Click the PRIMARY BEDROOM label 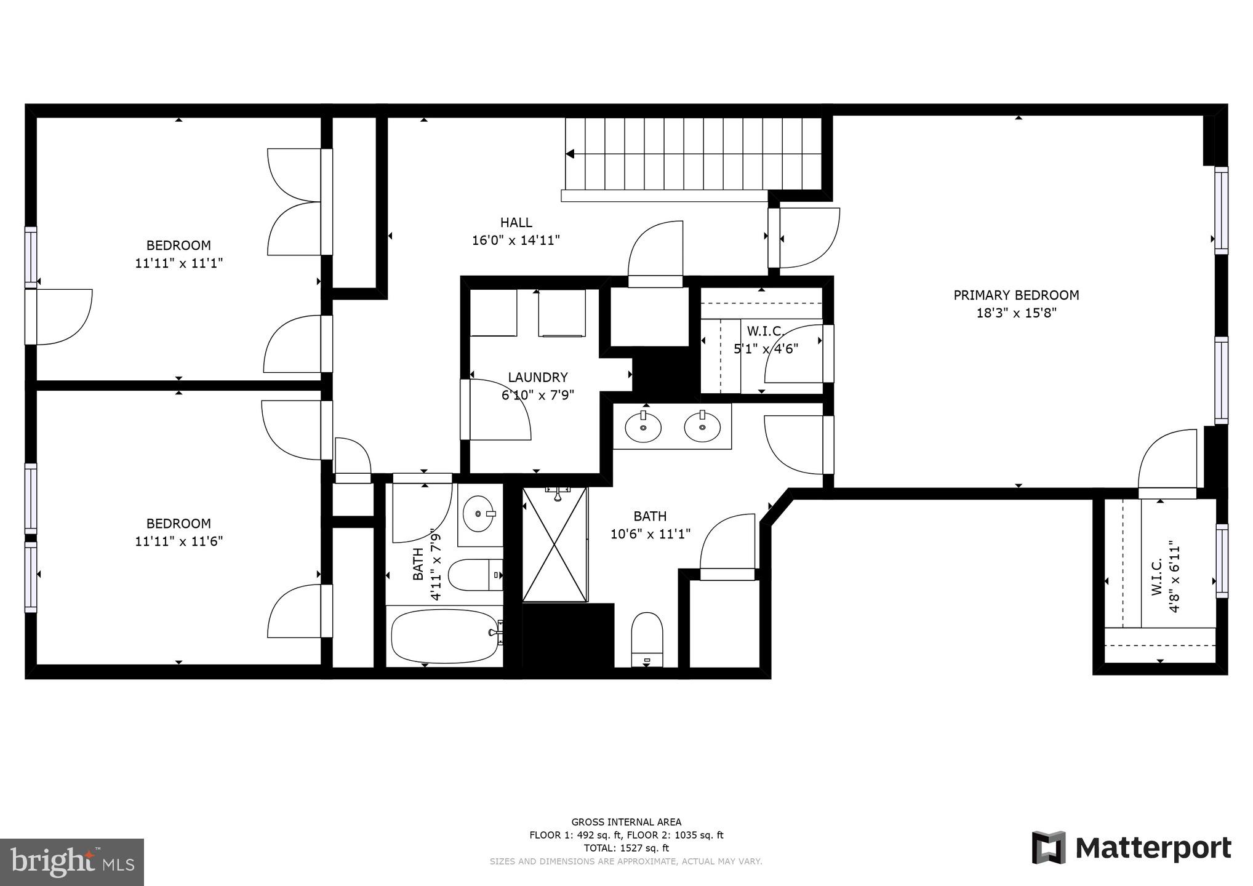pos(1016,295)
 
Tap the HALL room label pos(516,223)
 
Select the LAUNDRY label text pos(537,377)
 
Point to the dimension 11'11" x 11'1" pos(178,263)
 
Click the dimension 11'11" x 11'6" pos(178,541)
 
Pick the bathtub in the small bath pos(444,635)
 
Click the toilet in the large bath pos(647,639)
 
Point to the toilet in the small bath pos(474,575)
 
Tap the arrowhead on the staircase pos(570,154)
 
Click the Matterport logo pos(1131,848)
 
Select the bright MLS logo pos(72,862)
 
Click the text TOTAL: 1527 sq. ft pos(626,848)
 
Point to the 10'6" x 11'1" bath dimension pos(650,534)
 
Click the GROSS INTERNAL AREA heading pos(626,822)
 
